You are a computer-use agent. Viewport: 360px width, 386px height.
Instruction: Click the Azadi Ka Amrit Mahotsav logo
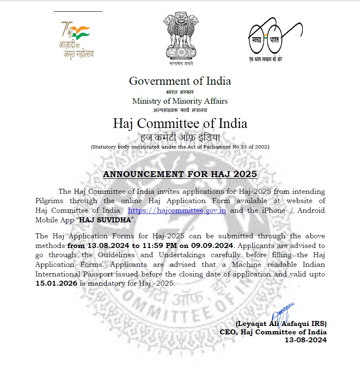[x=76, y=40]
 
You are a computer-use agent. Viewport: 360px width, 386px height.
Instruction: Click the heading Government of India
[x=180, y=81]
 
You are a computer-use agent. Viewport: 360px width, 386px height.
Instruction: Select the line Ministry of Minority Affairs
[x=180, y=101]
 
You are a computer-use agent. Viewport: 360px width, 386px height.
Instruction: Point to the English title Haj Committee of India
[x=180, y=123]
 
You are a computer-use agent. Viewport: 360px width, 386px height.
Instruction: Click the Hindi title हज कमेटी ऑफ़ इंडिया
[x=180, y=137]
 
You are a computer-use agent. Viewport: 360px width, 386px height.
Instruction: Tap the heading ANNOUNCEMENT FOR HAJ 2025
[x=180, y=174]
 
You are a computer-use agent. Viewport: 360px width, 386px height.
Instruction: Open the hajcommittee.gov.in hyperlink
[x=177, y=210]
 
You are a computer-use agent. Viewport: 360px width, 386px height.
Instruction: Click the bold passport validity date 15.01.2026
[x=56, y=283]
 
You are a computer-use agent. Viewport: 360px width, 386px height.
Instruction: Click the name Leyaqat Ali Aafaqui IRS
[x=281, y=323]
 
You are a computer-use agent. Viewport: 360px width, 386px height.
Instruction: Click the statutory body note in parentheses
[x=180, y=147]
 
